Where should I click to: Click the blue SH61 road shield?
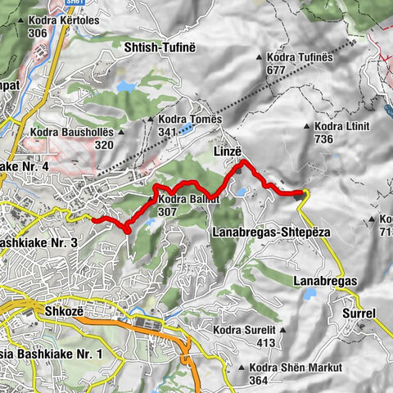click(53, 2)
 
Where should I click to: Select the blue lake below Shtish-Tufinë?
click(125, 85)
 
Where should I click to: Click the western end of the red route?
click(92, 219)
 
